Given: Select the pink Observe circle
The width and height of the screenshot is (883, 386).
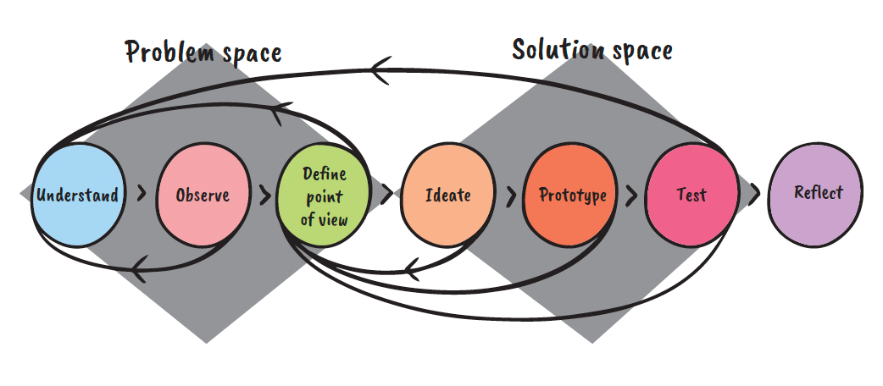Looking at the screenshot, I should pos(202,195).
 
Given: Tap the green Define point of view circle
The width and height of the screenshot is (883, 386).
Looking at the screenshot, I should pos(325,195).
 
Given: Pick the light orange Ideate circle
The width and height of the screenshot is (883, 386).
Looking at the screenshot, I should pos(447,195).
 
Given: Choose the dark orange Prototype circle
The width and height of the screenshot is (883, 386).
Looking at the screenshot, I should pos(573,195).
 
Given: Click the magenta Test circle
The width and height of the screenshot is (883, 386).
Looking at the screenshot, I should pos(691,195).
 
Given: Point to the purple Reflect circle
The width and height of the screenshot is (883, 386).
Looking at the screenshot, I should pos(817,192).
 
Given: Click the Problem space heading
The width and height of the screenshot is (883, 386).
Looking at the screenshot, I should pos(203,52).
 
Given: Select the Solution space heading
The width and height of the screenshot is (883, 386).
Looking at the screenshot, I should pos(591,50).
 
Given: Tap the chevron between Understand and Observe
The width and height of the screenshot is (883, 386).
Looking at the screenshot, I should pos(141,193).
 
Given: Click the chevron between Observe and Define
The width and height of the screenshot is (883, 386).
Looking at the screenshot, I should pos(265,194).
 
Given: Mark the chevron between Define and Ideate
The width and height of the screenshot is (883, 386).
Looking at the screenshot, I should pos(386,194).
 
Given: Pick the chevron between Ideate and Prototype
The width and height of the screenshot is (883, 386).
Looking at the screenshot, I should pos(510,196).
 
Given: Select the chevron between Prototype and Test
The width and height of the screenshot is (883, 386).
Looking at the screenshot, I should pos(631,196).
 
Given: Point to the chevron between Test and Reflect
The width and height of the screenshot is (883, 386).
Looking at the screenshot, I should pos(754,194).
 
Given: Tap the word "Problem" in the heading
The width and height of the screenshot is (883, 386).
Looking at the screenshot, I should pos(165,52).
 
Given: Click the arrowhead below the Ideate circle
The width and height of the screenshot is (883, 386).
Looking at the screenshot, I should pos(408,269).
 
